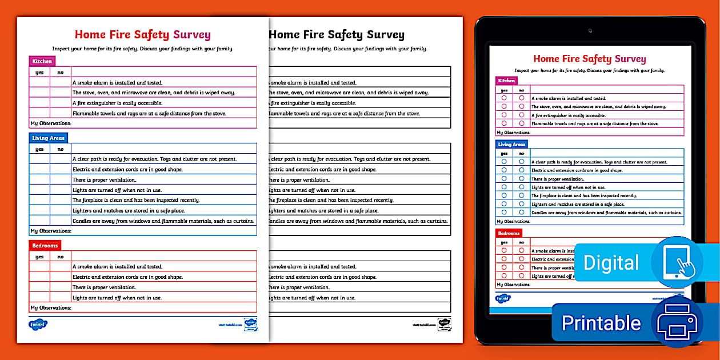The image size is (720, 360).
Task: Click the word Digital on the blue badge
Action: (611, 263)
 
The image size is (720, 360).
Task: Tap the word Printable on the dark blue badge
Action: (601, 323)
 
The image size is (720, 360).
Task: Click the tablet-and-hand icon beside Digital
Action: (677, 262)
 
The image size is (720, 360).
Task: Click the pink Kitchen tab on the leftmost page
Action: (42, 61)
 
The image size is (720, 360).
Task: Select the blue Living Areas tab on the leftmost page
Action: (49, 138)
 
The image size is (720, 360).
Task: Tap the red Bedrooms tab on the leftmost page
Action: (45, 245)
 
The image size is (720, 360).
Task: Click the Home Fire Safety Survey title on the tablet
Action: (589, 59)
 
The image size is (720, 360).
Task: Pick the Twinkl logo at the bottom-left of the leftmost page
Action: (38, 324)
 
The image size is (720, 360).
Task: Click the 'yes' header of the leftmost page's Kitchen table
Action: (39, 73)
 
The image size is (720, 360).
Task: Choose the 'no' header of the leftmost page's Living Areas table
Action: (60, 149)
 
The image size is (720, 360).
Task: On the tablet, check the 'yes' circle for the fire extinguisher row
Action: (504, 115)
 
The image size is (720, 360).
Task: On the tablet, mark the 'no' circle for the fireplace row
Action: (521, 195)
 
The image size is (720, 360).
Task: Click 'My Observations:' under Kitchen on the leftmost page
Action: (51, 123)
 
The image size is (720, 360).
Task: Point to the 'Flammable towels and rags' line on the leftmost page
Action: (149, 113)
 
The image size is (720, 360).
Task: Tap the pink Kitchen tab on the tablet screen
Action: (506, 81)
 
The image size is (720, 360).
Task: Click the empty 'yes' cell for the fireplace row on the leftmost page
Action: (39, 200)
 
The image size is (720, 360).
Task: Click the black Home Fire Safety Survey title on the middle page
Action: (337, 35)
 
